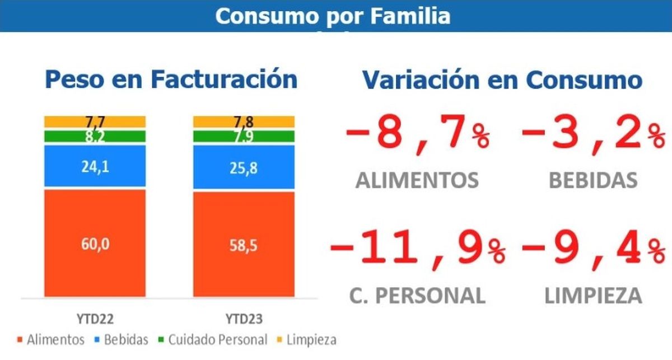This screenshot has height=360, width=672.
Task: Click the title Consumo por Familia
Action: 333,16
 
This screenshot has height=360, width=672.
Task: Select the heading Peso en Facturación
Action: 171,80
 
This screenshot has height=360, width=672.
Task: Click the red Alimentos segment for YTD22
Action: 95,243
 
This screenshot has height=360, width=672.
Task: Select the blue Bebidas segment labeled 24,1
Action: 95,166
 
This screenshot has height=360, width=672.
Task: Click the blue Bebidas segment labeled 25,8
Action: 244,167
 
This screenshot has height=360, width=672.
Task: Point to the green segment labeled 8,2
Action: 95,136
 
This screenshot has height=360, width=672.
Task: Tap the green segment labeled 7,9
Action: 244,137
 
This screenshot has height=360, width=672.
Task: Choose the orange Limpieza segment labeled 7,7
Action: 95,121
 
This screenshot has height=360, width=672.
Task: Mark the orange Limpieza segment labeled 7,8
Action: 244,121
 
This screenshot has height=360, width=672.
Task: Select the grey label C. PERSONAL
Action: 417,295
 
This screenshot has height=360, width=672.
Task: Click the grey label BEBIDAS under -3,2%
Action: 592,180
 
